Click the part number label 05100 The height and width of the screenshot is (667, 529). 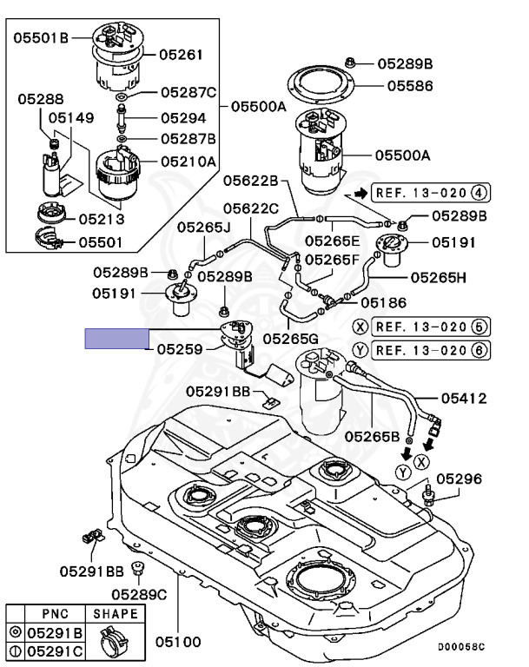pyautogui.click(x=178, y=641)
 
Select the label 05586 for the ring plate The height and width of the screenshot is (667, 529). pyautogui.click(x=410, y=86)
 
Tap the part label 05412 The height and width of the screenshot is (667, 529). pyautogui.click(x=464, y=398)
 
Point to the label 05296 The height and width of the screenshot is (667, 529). pyautogui.click(x=460, y=479)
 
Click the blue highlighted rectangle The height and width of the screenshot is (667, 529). pyautogui.click(x=117, y=339)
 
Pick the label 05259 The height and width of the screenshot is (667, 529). pyautogui.click(x=180, y=349)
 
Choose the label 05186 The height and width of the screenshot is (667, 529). pyautogui.click(x=383, y=302)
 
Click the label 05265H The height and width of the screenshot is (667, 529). pyautogui.click(x=439, y=278)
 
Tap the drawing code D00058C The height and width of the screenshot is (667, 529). pyautogui.click(x=462, y=647)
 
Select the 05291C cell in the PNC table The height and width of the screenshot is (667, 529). pyautogui.click(x=55, y=651)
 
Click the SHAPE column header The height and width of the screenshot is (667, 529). pyautogui.click(x=116, y=614)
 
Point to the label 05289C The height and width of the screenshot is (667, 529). pyautogui.click(x=139, y=594)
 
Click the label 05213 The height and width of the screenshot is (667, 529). pyautogui.click(x=102, y=219)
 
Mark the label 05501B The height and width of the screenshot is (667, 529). pyautogui.click(x=41, y=38)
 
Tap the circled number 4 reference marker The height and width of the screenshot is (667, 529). pyautogui.click(x=479, y=193)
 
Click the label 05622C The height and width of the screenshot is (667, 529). pyautogui.click(x=251, y=208)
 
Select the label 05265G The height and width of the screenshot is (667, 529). pyautogui.click(x=291, y=339)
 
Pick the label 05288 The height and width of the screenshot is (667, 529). pyautogui.click(x=41, y=99)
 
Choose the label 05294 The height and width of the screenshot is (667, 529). pyautogui.click(x=183, y=118)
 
